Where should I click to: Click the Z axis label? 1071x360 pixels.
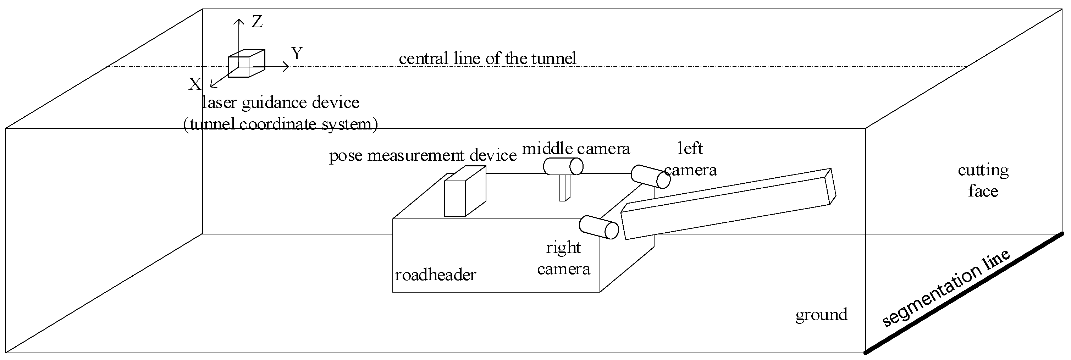pyautogui.click(x=257, y=22)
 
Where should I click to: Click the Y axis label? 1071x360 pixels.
pyautogui.click(x=297, y=54)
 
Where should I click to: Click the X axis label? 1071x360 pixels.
pyautogui.click(x=194, y=84)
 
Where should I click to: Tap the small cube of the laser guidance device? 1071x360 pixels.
pyautogui.click(x=246, y=63)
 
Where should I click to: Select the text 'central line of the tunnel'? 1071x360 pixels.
pyautogui.click(x=487, y=58)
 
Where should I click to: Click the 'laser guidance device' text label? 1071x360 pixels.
pyautogui.click(x=281, y=103)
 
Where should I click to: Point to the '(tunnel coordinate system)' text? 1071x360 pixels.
pyautogui.click(x=281, y=124)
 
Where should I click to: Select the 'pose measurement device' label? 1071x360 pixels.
pyautogui.click(x=423, y=155)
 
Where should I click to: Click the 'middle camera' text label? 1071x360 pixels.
pyautogui.click(x=576, y=148)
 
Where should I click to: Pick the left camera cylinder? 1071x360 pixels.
pyautogui.click(x=650, y=177)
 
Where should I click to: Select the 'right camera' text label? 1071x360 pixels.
pyautogui.click(x=563, y=258)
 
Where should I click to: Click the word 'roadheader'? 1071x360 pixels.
pyautogui.click(x=435, y=275)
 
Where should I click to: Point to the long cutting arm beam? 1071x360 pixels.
pyautogui.click(x=728, y=204)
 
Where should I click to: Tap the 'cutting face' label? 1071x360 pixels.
pyautogui.click(x=983, y=181)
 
